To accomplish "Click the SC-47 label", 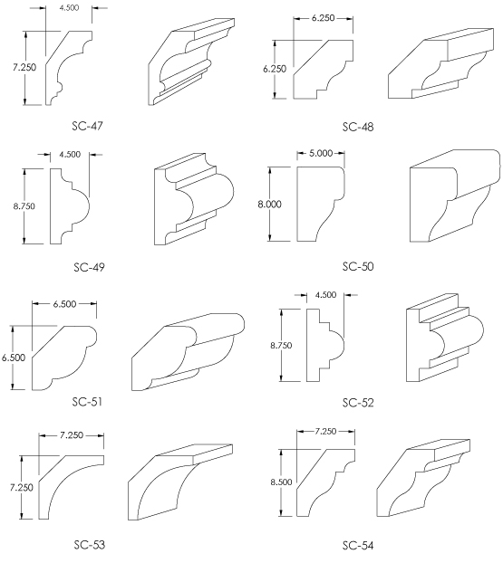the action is [x=87, y=126].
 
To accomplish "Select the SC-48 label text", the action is [x=358, y=127].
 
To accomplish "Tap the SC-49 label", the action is [x=89, y=267].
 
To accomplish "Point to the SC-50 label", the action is [x=358, y=266].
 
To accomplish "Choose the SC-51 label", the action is [x=87, y=401].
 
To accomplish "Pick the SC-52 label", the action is [x=358, y=403].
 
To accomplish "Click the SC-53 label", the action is [x=90, y=545].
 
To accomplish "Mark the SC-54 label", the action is [x=358, y=546].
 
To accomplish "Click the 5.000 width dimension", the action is [x=321, y=153].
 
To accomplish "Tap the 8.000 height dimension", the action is [x=269, y=205].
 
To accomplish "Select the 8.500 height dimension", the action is [x=281, y=482].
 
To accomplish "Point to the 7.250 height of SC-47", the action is [x=24, y=67].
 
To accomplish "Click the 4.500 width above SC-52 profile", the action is [x=325, y=295].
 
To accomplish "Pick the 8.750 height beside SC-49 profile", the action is [x=24, y=206].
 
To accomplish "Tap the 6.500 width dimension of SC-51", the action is [x=64, y=304].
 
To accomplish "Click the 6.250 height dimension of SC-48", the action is [x=275, y=69].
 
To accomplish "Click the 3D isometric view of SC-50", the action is [x=455, y=196].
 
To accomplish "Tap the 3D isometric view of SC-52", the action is [x=445, y=338].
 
